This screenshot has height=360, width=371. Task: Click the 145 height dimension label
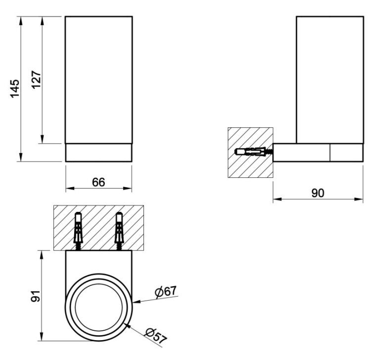pos(15,89)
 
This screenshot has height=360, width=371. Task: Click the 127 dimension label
pos(36,80)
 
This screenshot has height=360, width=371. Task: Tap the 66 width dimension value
pos(98,182)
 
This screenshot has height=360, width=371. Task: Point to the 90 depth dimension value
pos(318,193)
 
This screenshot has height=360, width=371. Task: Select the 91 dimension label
pos(36,296)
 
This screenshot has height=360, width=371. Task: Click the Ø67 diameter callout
pos(166,291)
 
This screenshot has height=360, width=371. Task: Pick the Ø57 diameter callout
pos(156,335)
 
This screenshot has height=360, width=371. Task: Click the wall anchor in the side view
pos(254,152)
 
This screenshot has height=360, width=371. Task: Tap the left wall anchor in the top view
pos(78,231)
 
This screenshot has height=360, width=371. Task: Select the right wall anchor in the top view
pos(119,231)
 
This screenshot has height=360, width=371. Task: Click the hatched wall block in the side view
pos(250,153)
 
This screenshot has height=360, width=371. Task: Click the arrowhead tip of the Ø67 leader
pos(133,303)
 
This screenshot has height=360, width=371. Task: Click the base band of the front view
pos(98,153)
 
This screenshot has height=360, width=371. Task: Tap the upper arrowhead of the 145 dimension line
pos(21,16)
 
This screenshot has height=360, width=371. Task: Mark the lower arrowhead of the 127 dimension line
pos(42,143)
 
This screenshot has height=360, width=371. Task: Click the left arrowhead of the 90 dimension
pos(273,199)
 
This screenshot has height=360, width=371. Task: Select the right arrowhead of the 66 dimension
pos(132,188)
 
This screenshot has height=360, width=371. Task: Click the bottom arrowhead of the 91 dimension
pos(42,341)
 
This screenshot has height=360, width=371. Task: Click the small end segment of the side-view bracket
pos(347,153)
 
